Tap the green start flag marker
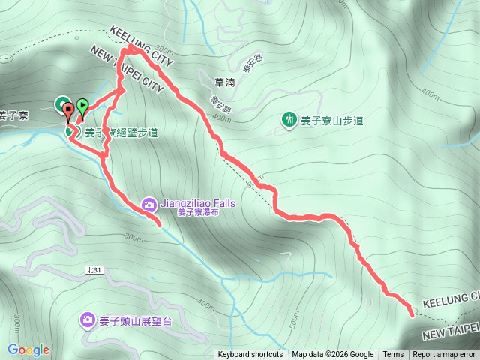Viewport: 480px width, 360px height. pos(82,106)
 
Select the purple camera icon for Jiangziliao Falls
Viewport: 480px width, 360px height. pos(148,203)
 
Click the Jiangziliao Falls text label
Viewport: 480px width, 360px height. pos(197,203)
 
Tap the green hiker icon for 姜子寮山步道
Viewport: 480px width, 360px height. pos(289,119)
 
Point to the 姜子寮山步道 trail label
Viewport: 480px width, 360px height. pos(331,120)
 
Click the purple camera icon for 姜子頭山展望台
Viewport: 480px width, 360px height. pos(88,321)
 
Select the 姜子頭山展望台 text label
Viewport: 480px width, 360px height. pos(136,322)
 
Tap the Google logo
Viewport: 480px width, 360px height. pos(28,349)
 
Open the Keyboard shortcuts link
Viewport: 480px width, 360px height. pos(250,355)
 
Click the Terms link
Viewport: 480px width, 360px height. pos(393,355)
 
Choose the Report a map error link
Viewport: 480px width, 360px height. pos(444,355)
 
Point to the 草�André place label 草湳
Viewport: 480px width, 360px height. pos(224,82)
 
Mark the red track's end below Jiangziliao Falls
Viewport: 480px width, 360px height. pos(160,223)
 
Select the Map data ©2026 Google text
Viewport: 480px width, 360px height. pos(333,355)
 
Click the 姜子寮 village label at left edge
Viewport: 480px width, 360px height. pos(13,115)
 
